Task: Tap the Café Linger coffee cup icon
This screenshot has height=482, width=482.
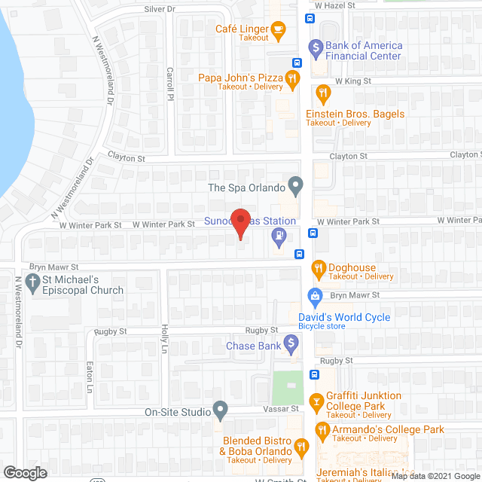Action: tap(279, 30)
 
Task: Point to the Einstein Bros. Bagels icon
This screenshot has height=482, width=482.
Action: tap(323, 94)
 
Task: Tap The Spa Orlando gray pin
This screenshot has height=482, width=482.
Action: tap(296, 184)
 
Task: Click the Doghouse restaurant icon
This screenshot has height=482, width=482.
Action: tap(318, 268)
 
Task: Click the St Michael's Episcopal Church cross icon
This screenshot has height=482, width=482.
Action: tap(32, 283)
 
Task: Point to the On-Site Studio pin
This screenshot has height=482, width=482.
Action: tap(220, 410)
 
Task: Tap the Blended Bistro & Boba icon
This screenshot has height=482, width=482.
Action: tap(302, 447)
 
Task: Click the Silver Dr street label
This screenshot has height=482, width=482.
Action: tap(159, 8)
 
